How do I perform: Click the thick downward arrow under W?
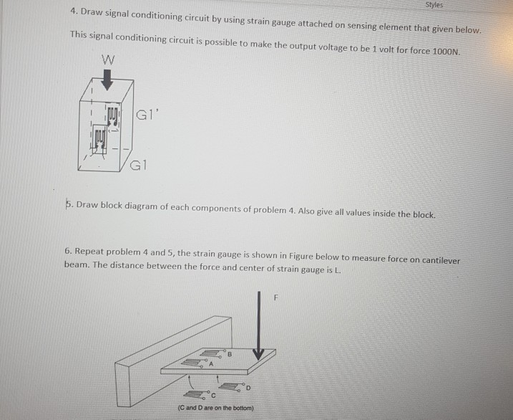click(107, 79)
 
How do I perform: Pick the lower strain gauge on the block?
click(100, 135)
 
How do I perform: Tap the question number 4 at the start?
click(74, 12)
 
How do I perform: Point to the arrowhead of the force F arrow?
click(258, 353)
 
